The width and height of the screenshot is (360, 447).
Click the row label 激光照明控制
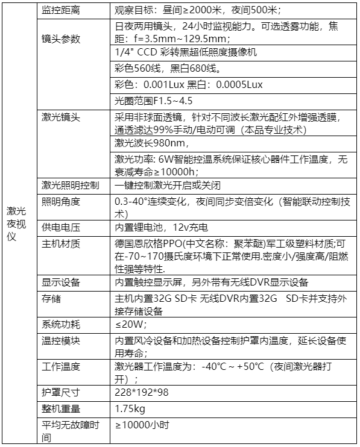71,185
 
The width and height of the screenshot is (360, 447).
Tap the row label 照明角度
61,201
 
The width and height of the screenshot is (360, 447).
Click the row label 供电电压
61,227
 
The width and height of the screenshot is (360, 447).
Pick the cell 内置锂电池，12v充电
161,227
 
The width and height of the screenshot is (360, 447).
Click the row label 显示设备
61,281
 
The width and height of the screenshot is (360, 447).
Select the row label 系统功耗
61,325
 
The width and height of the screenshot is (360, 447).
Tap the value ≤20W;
130,325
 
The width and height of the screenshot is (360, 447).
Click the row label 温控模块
61,340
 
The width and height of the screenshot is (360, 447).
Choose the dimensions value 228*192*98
141,392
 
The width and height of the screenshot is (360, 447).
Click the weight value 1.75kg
130,409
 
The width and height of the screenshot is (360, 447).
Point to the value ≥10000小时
142,425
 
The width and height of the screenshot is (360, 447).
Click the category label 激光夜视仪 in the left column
16,223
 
